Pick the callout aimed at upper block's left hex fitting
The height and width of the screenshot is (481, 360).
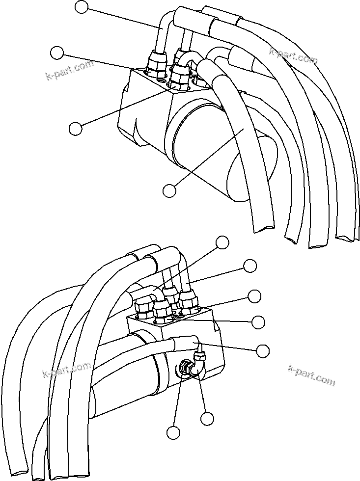(x=58, y=53)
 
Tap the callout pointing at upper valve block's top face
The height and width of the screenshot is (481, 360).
(x=76, y=128)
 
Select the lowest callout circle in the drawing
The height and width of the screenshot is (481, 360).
(x=172, y=432)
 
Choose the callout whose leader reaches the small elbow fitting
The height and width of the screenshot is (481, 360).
(x=207, y=418)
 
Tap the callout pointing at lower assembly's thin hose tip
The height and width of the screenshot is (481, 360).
(x=263, y=350)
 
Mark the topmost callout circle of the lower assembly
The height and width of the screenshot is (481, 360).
(x=222, y=241)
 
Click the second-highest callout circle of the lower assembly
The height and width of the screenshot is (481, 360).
(x=250, y=266)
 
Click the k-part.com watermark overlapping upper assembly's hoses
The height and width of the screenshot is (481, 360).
(x=293, y=55)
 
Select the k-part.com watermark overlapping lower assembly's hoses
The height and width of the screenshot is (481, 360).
(x=67, y=369)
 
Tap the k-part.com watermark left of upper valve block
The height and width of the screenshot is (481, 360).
(x=69, y=70)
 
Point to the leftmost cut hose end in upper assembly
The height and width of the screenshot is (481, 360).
(x=263, y=227)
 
